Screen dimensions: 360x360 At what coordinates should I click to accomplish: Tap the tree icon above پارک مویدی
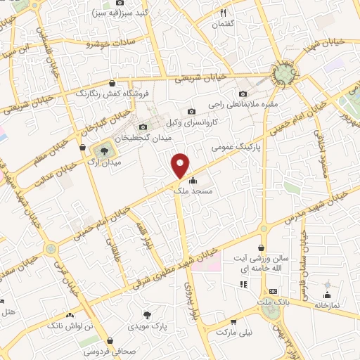tap(147, 316)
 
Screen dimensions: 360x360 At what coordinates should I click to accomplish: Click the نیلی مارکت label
tap(233, 330)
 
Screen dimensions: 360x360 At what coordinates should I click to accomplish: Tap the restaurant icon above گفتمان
tap(224, 12)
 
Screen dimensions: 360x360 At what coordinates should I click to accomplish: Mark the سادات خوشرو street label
tap(110, 44)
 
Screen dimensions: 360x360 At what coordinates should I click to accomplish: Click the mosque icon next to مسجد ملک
tap(193, 179)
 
